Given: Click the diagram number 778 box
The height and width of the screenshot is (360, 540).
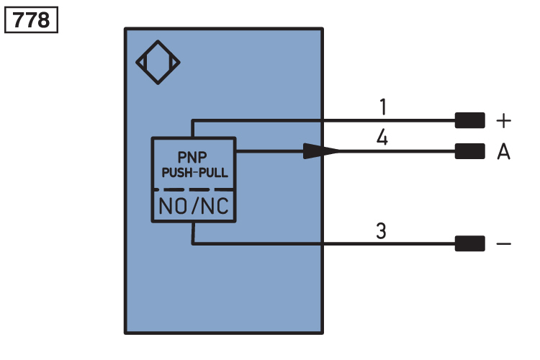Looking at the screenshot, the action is pos(32,20).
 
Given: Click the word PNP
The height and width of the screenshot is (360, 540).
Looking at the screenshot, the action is pos(192,158).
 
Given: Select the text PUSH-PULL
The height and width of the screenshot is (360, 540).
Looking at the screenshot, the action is pos(195,173).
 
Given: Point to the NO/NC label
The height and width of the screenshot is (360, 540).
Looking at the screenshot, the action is pos(194,206).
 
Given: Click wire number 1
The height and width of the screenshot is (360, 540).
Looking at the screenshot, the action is pos(383,107).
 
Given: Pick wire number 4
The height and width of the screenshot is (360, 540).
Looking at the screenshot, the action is pos(382,137).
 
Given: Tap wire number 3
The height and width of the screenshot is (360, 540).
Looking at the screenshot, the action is pos(381,231).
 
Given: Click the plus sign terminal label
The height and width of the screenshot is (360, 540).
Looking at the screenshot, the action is pos(503,121).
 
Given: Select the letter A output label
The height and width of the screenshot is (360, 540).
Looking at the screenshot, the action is pos(503,152).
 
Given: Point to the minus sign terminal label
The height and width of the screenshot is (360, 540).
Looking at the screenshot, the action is pos(503,244).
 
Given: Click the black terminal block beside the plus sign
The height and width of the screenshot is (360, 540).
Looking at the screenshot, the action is pos(469,120).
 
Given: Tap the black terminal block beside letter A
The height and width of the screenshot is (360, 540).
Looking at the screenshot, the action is pos(469,151).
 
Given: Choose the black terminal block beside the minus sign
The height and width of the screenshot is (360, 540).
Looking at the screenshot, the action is pos(469,243).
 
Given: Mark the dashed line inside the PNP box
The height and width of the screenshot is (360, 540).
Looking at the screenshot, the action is pos(194,189).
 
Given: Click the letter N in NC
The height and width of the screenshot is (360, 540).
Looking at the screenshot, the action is pos(207,206).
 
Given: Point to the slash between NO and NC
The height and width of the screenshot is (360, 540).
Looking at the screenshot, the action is pos(195,206).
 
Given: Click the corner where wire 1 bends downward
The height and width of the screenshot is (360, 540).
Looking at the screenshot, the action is pos(192,120).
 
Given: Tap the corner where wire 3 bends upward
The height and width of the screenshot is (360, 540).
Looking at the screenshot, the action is pos(193,243).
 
